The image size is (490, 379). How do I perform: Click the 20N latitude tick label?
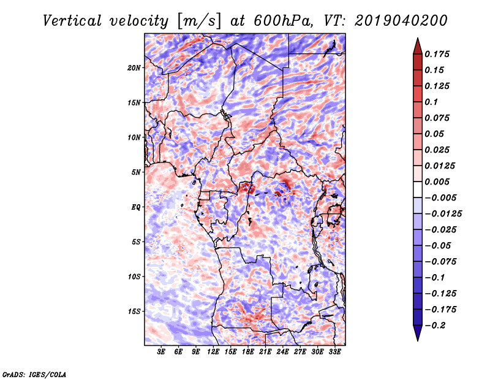pyautogui.click(x=134, y=67)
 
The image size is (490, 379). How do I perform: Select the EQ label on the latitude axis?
pyautogui.click(x=137, y=207)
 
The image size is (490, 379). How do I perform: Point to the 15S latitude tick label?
pyautogui.click(x=134, y=312)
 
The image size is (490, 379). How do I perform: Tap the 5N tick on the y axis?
pyautogui.click(x=136, y=172)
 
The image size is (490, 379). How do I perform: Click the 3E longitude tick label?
pyautogui.click(x=162, y=352)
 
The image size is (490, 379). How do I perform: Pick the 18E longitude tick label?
pyautogui.click(x=248, y=352)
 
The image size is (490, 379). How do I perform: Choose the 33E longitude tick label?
pyautogui.click(x=334, y=352)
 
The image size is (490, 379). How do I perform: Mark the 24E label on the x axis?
pyautogui.click(x=283, y=352)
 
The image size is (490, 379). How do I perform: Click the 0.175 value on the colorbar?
pyautogui.click(x=438, y=54)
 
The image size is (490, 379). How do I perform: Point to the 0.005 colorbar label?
pyautogui.click(x=438, y=182)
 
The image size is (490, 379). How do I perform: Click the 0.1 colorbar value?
pyautogui.click(x=432, y=102)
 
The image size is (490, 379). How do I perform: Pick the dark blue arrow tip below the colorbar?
pyautogui.click(x=417, y=335)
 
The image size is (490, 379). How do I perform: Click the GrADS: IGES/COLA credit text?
pyautogui.click(x=34, y=373)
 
